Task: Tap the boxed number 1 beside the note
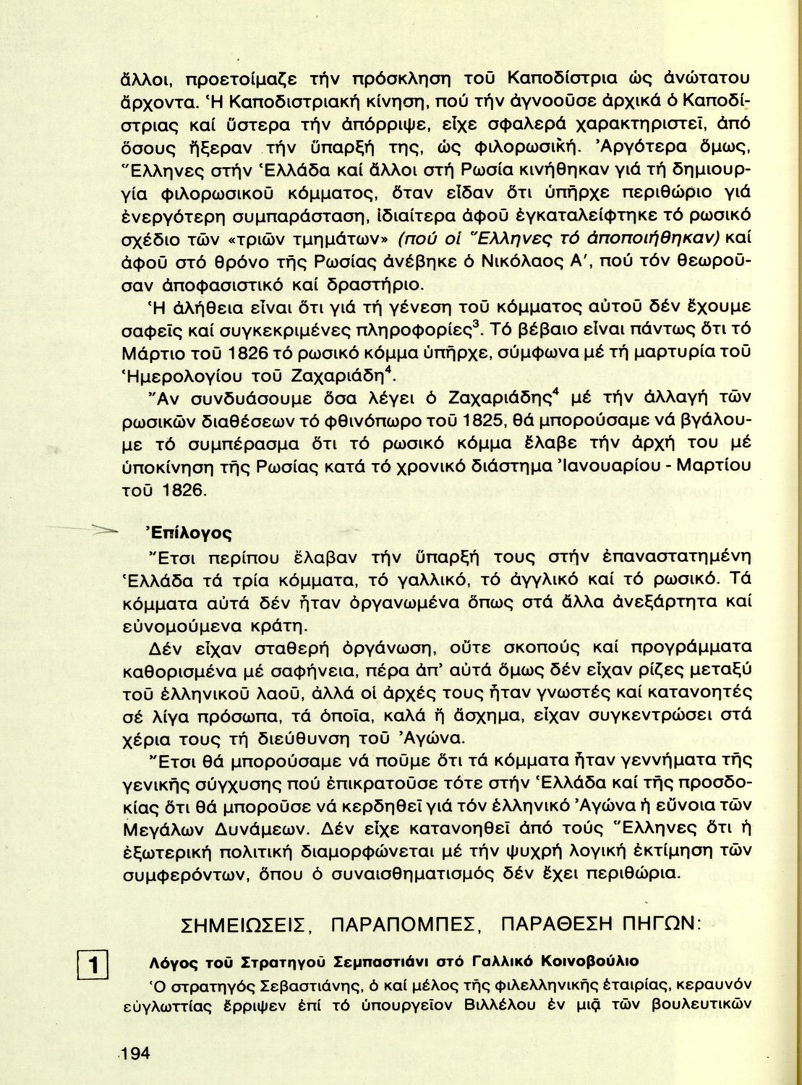click(x=92, y=966)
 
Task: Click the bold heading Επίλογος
click(x=189, y=534)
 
